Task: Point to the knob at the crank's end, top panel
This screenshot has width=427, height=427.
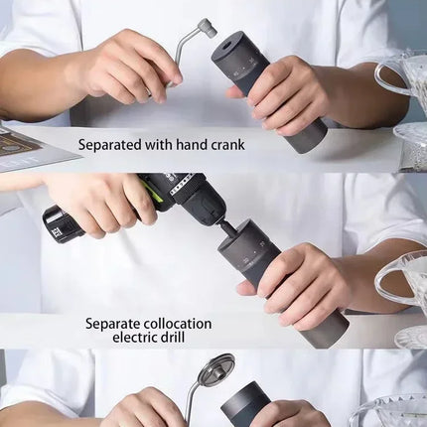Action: [206, 27]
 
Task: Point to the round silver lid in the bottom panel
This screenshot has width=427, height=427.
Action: [215, 369]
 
